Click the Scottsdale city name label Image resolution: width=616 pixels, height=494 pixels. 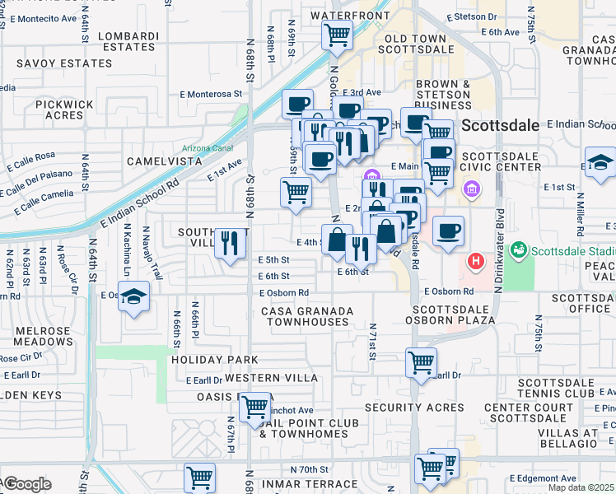[x=500, y=126]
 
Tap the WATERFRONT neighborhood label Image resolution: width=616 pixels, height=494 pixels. [x=350, y=16]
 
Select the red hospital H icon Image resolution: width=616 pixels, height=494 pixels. [x=476, y=263]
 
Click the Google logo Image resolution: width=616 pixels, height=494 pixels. [x=26, y=484]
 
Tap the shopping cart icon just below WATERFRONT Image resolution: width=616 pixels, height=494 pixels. [x=337, y=35]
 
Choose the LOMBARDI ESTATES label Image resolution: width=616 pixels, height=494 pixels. [x=127, y=42]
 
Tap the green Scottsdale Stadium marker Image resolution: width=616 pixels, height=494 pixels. [x=519, y=249]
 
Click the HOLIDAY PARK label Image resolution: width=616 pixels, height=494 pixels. [x=214, y=360]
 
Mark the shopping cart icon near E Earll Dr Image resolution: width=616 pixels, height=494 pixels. [x=421, y=361]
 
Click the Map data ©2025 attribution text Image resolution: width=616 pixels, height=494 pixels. [x=581, y=487]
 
